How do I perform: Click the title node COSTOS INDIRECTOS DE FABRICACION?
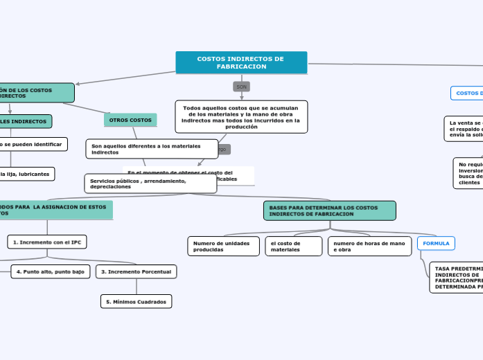pos(241,62)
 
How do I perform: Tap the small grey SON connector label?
pos(241,87)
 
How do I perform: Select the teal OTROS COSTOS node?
pos(130,120)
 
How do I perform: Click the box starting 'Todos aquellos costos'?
pos(241,117)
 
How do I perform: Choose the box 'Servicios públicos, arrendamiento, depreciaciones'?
pos(150,183)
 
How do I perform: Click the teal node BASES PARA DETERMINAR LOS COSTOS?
pos(330,210)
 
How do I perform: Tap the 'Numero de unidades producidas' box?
pos(222,246)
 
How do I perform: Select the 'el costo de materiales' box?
pos(293,246)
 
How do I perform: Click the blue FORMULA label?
pos(436,243)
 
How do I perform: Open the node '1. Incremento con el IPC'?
pos(47,242)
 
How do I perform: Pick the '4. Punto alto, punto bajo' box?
pos(51,271)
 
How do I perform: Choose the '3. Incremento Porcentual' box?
pos(136,271)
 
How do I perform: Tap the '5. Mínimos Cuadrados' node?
pos(136,301)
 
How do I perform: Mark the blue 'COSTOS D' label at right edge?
pos(467,93)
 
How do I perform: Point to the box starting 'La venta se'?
pos(464,128)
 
